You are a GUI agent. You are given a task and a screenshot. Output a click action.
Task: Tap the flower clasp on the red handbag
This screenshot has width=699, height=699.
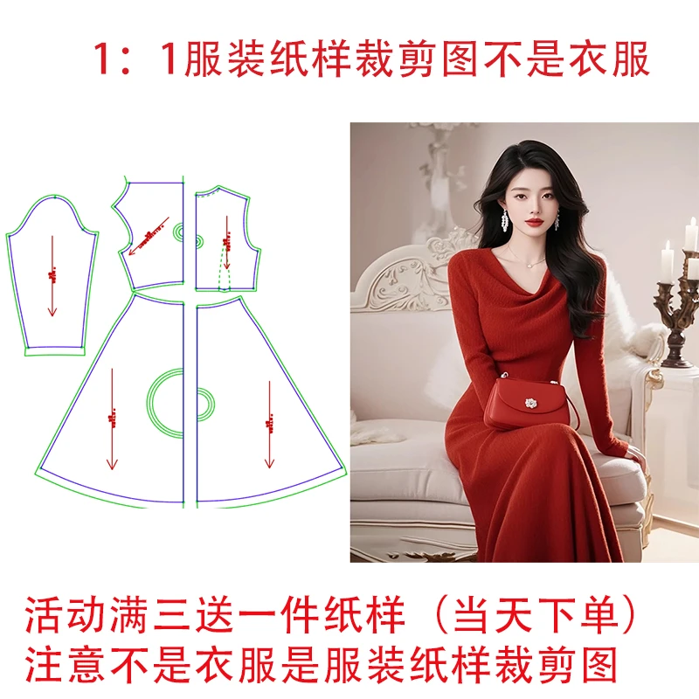click(530, 404)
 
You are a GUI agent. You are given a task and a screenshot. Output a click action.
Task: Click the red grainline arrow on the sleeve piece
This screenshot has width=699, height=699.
click(52, 275)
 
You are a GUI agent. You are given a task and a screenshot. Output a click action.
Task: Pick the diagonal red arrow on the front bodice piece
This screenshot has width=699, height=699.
click(154, 230)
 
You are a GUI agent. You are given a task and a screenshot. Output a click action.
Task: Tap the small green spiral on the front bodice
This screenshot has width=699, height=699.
click(180, 231)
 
